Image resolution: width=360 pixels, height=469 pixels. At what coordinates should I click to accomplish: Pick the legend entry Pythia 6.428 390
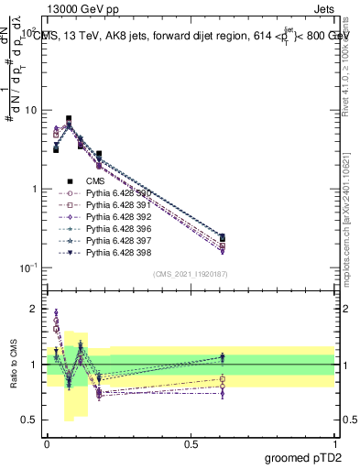[x=119, y=193]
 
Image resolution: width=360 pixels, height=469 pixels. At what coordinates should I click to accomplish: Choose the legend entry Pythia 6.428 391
[x=119, y=205]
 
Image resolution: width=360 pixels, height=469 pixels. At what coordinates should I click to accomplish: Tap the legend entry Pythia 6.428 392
[x=119, y=217]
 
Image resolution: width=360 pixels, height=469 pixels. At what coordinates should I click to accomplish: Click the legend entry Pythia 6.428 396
[x=119, y=229]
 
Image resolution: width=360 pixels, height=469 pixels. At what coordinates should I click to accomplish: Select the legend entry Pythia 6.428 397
[x=119, y=241]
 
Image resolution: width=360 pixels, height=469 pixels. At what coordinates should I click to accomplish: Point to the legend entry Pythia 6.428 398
[x=119, y=253]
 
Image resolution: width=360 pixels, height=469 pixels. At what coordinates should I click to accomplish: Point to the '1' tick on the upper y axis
[x=35, y=189]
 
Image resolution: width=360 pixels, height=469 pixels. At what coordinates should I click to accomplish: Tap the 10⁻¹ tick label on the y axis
[x=29, y=267]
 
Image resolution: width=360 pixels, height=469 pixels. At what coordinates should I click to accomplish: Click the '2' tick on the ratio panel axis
[x=34, y=310]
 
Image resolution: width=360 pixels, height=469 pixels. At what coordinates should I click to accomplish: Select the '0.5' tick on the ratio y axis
[x=29, y=420]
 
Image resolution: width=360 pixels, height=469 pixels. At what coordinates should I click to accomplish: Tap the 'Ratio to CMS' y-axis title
[x=12, y=365]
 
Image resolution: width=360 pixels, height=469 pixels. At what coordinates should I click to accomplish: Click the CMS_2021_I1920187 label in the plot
[x=191, y=274]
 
